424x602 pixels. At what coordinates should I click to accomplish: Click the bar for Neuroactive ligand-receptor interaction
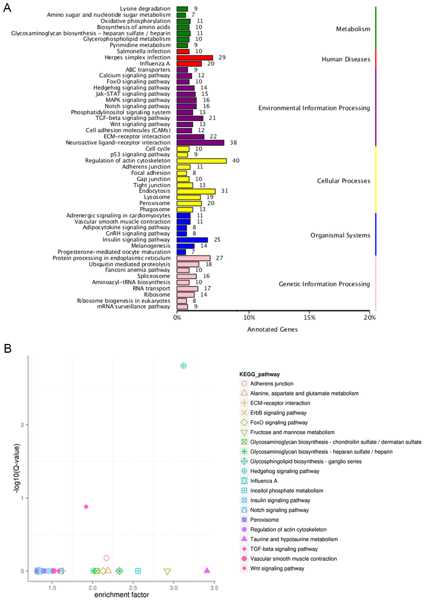tap(200, 143)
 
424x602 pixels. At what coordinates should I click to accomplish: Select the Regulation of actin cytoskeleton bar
tap(202, 161)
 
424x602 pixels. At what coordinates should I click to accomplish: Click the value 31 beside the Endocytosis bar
tap(224, 191)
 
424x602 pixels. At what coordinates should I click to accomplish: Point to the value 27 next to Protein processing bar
tap(219, 258)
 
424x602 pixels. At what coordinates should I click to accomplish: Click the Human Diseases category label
tap(346, 59)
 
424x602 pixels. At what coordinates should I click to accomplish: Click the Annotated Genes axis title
tap(272, 329)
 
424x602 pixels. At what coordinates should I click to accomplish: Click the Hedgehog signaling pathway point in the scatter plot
tap(183, 366)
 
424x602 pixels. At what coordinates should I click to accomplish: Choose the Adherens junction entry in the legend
tap(272, 384)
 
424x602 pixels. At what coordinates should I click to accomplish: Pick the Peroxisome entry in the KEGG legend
tap(264, 520)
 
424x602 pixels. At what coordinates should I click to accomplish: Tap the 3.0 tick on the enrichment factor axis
tap(174, 588)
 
